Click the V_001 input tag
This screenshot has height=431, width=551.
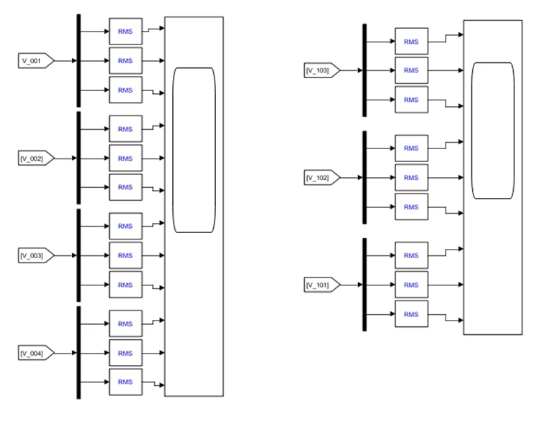(x=36, y=61)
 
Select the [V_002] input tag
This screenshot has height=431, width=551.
(x=36, y=158)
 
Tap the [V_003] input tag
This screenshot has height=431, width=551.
(x=36, y=255)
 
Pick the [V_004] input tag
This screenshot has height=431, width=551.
(x=36, y=353)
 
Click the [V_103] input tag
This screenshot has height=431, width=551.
(x=322, y=70)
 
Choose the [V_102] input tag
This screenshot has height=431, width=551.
(x=322, y=178)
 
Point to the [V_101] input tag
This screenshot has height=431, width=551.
(x=322, y=285)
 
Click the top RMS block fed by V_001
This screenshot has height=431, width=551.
(x=126, y=32)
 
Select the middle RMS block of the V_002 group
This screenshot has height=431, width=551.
(x=126, y=158)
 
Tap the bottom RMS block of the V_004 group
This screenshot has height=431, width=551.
(x=126, y=382)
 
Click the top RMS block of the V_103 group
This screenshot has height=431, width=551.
(x=412, y=42)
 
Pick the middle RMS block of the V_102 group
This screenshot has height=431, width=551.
(x=412, y=178)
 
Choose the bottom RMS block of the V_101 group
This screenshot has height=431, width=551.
(x=412, y=314)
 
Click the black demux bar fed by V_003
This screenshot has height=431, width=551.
(x=79, y=255)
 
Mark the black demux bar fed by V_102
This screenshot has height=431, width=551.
(x=364, y=178)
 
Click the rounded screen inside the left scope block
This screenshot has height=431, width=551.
(x=194, y=150)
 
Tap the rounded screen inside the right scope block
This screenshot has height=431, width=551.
(x=493, y=131)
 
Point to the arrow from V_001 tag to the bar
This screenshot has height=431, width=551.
(x=66, y=61)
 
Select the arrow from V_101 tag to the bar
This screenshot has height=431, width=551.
(x=352, y=285)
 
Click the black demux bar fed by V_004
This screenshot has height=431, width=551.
(x=79, y=353)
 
